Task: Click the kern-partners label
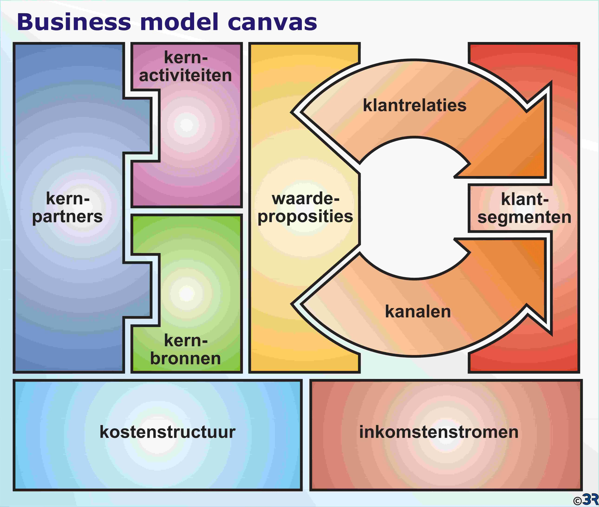68,207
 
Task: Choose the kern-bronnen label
186,349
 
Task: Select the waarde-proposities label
305,207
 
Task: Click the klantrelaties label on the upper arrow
414,106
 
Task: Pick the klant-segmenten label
524,208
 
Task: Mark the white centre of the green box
186,293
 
